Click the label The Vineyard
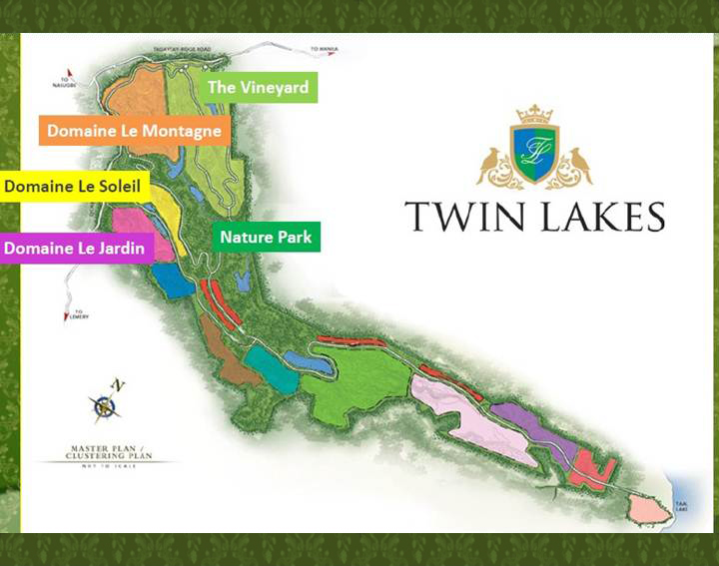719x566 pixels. (x=258, y=87)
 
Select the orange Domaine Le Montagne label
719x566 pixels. (x=134, y=131)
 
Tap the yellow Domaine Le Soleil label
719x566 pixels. (x=76, y=186)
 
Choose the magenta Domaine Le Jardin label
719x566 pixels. (x=76, y=248)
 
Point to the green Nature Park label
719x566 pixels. (x=266, y=237)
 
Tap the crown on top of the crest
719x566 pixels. (x=534, y=113)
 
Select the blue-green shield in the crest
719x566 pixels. (x=534, y=152)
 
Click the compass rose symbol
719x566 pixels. (x=105, y=406)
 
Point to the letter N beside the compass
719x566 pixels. (x=118, y=384)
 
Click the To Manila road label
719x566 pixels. (x=326, y=49)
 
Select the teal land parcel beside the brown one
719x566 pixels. (x=271, y=368)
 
